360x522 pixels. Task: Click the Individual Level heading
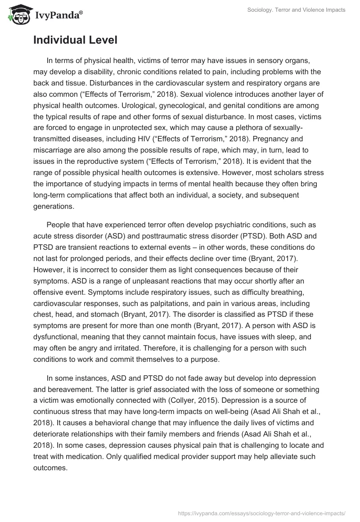tap(75, 40)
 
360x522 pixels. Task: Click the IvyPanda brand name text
tap(58, 15)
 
